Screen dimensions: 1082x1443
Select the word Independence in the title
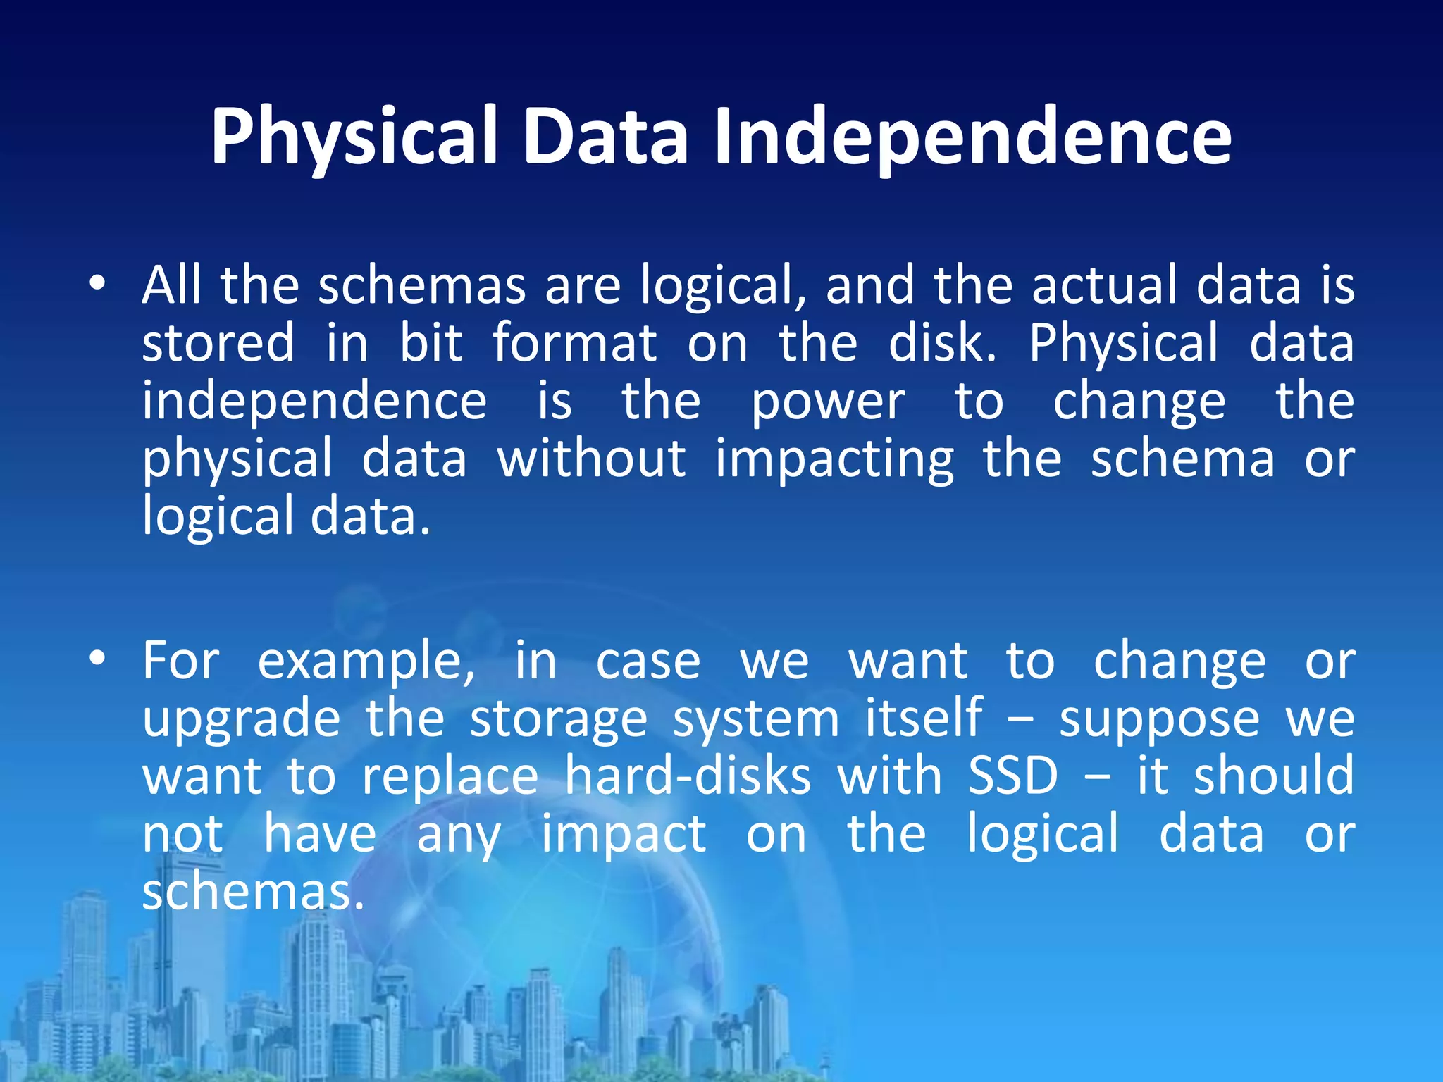coord(972,137)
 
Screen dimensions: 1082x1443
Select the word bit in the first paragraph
coord(431,343)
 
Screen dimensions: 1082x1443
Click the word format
coord(574,343)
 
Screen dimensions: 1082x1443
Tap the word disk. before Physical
coord(943,343)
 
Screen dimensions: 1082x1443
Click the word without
coord(591,459)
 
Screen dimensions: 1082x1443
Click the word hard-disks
coord(688,776)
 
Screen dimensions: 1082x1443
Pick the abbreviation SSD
coord(1013,776)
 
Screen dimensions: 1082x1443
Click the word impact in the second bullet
coord(624,835)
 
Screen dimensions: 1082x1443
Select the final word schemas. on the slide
coord(254,892)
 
